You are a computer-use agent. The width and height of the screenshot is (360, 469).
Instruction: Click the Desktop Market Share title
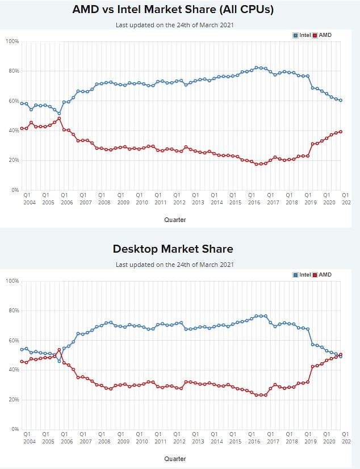173,249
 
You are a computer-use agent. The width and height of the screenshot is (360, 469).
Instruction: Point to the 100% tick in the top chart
12,41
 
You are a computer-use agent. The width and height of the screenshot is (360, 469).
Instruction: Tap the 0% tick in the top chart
14,190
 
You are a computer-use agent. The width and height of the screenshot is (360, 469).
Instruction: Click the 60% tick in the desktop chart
13,340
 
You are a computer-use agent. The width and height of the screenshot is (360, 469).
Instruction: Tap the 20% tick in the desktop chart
13,400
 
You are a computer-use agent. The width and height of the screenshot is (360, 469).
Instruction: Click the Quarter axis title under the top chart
175,220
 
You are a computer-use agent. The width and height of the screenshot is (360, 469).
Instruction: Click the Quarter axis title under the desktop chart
175,459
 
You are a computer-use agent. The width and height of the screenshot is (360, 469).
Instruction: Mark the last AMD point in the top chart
341,132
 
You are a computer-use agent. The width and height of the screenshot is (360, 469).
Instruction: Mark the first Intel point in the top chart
22,103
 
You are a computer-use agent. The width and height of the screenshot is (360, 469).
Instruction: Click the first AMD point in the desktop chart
22,362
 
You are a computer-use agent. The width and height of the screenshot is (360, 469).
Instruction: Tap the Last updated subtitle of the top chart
174,25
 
